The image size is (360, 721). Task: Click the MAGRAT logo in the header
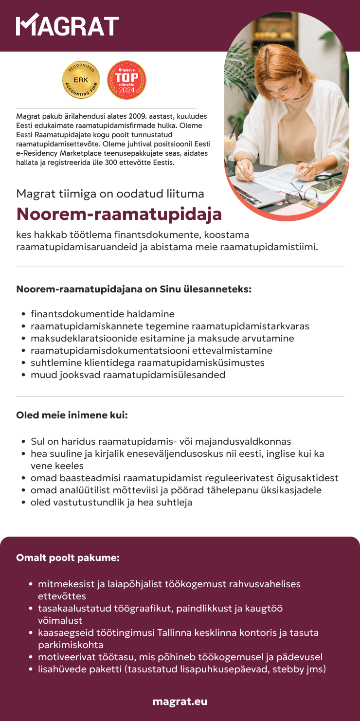coord(68,26)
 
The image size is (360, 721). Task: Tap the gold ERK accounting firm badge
coord(81,80)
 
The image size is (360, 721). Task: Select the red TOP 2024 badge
coord(126,80)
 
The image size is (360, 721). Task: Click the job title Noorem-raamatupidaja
coord(119,214)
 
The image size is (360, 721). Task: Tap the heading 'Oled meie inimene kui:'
coord(72,416)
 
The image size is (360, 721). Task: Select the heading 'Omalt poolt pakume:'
coord(68,558)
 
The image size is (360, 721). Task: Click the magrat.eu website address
coord(180,701)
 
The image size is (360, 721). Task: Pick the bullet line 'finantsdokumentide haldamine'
coord(103,314)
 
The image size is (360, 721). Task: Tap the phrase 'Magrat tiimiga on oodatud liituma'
coord(110,194)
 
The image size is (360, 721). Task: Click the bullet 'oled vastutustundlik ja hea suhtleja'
coord(111,502)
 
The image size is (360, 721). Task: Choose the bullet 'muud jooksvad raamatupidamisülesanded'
coord(128,375)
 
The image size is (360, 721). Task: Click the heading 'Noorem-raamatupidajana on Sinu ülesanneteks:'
coord(134,289)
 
